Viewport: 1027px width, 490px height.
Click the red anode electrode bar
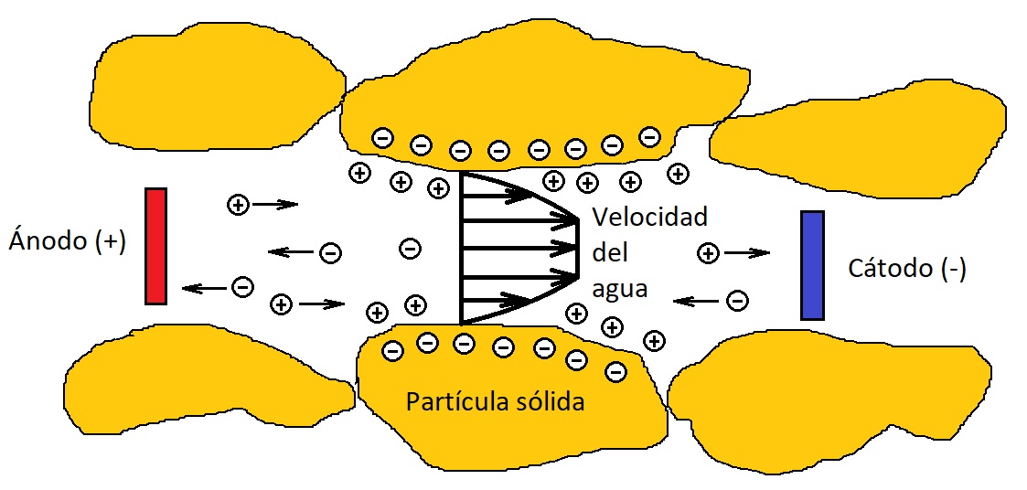coord(155,245)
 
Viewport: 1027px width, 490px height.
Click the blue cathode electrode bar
coord(812,265)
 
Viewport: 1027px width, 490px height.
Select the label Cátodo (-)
coord(906,269)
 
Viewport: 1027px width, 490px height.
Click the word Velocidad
coord(649,218)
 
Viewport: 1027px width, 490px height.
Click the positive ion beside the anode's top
coord(238,205)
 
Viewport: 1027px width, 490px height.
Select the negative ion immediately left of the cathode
coord(737,300)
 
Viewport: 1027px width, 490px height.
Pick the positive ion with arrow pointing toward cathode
coord(707,253)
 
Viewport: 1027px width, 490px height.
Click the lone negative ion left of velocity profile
coord(411,248)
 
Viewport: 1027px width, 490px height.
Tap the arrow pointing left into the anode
coord(205,288)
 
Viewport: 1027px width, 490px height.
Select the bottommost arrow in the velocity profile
coord(498,299)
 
